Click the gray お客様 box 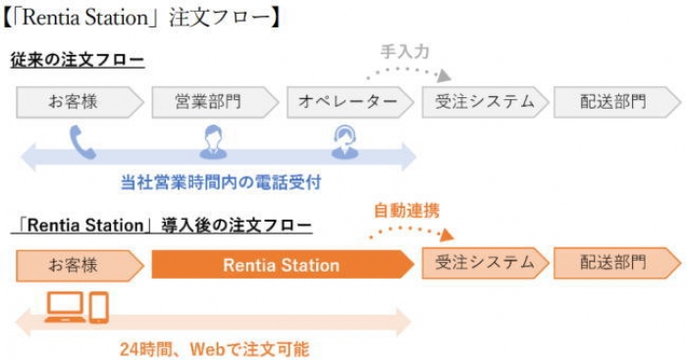click(79, 102)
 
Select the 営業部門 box click(215, 102)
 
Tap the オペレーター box click(350, 102)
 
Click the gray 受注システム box click(485, 102)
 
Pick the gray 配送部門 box click(617, 102)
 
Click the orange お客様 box click(79, 266)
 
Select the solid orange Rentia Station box click(283, 265)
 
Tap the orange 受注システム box click(485, 263)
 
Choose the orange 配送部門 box click(617, 263)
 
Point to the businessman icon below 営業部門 click(213, 142)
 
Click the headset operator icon click(344, 142)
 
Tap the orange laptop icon click(66, 307)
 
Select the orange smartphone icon click(99, 307)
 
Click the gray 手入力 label click(404, 52)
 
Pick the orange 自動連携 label click(406, 211)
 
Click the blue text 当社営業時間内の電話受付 click(221, 182)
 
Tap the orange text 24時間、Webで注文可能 click(215, 349)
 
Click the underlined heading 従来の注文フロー click(78, 60)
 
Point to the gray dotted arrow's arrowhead click(444, 77)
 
